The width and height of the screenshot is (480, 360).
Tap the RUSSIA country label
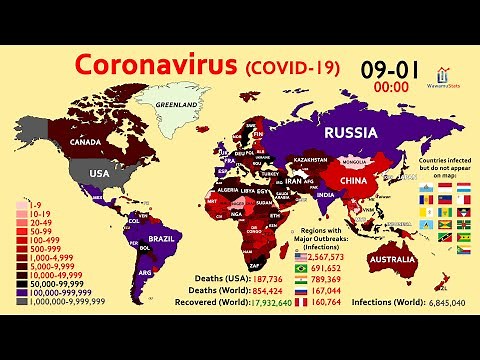[x=342, y=132]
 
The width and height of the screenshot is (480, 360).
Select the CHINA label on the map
[x=353, y=181]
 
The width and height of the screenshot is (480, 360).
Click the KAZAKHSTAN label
[x=309, y=159]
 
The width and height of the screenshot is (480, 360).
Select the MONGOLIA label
[x=354, y=161]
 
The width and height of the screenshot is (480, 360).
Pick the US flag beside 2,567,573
[x=301, y=258]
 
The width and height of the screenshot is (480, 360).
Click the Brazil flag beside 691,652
[x=301, y=269]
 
